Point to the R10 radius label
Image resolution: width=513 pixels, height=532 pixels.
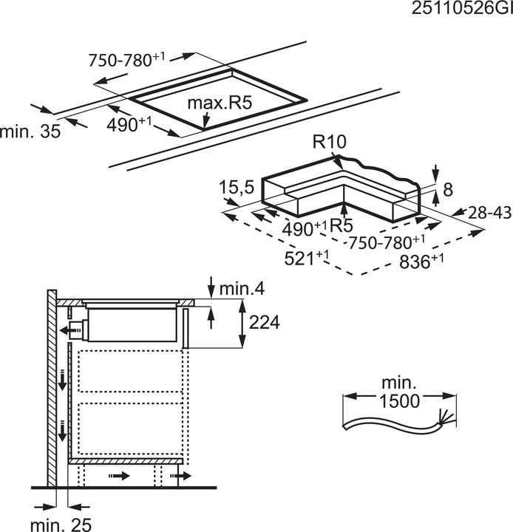point(329,143)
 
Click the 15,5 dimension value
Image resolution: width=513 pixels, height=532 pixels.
point(236,189)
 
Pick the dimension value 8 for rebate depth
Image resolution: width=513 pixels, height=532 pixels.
point(446,191)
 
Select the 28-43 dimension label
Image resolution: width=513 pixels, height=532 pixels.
point(489,213)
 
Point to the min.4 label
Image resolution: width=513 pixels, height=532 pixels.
point(243,289)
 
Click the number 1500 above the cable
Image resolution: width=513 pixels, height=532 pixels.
point(398,401)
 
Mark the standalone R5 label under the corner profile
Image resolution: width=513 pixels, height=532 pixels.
point(341,225)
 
